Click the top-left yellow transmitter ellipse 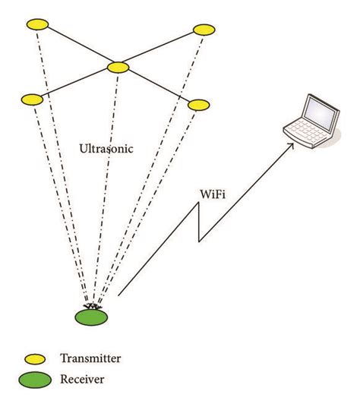[x=37, y=25]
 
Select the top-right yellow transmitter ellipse [x=204, y=30]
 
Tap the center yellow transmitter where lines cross [x=118, y=68]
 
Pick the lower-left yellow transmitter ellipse [x=32, y=99]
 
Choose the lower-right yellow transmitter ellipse [x=198, y=103]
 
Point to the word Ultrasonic [x=106, y=149]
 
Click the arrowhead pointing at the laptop [x=291, y=150]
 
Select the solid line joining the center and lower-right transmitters [x=158, y=86]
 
